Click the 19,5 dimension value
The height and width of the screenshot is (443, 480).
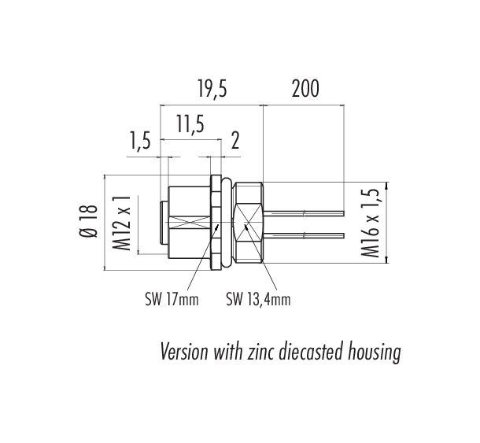coord(212,88)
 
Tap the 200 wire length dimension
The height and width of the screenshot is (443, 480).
coord(305,88)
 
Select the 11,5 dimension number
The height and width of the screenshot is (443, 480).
coord(190,124)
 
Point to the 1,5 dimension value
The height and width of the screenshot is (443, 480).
coord(141,141)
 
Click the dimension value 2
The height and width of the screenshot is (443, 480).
coord(235,141)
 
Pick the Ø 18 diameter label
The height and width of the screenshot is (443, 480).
coord(88,221)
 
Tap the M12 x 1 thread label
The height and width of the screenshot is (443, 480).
coord(122,223)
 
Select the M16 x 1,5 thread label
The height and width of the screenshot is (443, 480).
coord(370,223)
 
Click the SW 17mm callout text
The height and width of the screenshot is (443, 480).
coord(172,300)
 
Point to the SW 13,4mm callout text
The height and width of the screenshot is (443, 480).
coord(258,300)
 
